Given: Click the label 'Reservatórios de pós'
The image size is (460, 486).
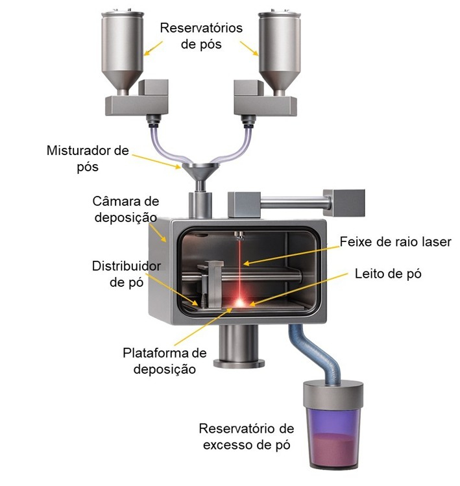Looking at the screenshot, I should pos(201,36).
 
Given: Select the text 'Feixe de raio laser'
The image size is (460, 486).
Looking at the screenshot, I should pos(395,242).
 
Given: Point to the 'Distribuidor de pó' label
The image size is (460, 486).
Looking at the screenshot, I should pos(126,274).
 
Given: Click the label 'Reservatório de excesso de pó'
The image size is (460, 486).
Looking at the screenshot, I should pos(247,436).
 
